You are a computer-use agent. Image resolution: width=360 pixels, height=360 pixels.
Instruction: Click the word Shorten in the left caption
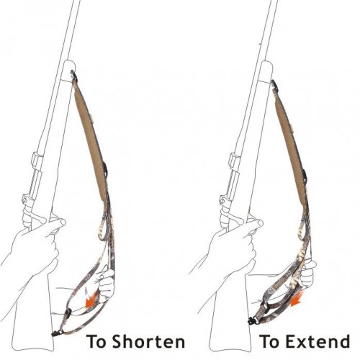[148, 341]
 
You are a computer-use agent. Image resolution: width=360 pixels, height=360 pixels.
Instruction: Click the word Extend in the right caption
[318, 341]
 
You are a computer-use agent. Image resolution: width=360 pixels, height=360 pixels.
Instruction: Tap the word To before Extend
[271, 341]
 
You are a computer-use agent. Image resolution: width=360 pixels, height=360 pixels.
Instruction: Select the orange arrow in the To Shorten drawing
[92, 300]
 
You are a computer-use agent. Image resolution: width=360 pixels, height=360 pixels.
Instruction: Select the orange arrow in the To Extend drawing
[297, 300]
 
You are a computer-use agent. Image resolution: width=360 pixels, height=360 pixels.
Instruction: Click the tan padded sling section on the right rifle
[291, 149]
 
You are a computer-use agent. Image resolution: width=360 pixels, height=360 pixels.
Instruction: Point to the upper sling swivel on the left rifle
[73, 75]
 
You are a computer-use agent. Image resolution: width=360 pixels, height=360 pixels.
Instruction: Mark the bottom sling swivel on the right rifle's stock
[251, 320]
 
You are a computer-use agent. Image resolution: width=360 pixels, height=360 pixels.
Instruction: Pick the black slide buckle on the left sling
[68, 313]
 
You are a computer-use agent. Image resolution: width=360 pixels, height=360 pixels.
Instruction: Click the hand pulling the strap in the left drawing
[105, 283]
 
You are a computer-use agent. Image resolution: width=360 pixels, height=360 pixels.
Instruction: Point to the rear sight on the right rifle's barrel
[234, 161]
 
